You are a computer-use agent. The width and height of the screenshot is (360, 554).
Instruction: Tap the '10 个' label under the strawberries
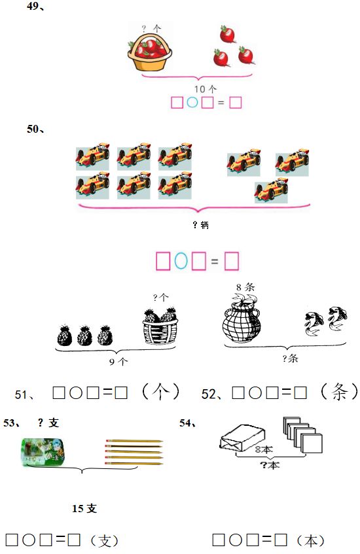coord(206,88)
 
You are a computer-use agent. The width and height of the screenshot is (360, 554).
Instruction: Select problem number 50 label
coord(34,130)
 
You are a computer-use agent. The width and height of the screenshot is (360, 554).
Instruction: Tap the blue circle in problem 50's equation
coord(181,262)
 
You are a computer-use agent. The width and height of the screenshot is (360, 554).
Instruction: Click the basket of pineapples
coord(159,326)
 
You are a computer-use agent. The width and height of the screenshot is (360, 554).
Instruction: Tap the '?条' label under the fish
coord(290,358)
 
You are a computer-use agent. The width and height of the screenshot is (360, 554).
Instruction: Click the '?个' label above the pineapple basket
coord(160,297)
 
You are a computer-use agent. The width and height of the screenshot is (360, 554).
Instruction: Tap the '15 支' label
coord(84,508)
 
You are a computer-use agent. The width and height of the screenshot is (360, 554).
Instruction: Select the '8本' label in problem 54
coord(264,450)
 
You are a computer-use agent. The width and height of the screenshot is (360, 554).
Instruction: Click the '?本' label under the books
coord(269,465)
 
